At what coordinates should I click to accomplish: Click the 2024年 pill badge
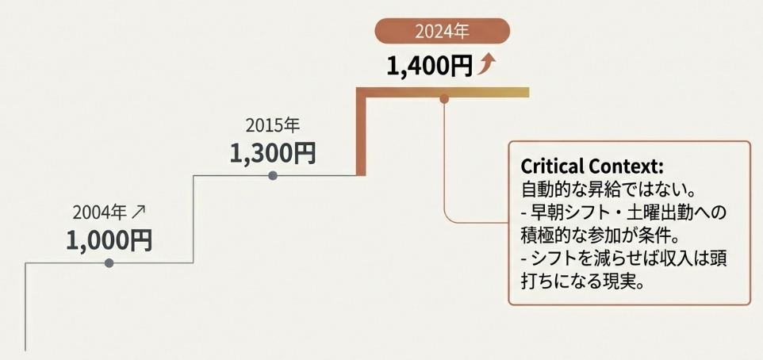coord(442,32)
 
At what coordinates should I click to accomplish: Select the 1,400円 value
coord(429,67)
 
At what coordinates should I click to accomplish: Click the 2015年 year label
coord(273,125)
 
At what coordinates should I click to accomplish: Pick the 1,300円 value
coord(273,152)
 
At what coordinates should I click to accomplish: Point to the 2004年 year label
coord(99,213)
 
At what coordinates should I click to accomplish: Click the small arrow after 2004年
coord(140,212)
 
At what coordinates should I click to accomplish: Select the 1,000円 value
coord(109,239)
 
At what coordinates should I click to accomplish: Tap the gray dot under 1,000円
coord(109,262)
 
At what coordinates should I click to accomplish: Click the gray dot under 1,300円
coord(273,175)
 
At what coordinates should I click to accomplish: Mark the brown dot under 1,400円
coord(444,99)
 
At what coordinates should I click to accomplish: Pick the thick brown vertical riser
coord(362,135)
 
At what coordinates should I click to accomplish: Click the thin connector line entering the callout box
coord(476,223)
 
